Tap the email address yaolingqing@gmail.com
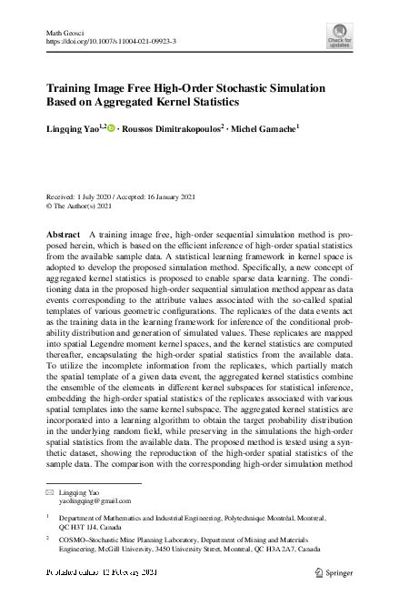[95, 500]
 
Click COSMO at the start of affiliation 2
[73, 540]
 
